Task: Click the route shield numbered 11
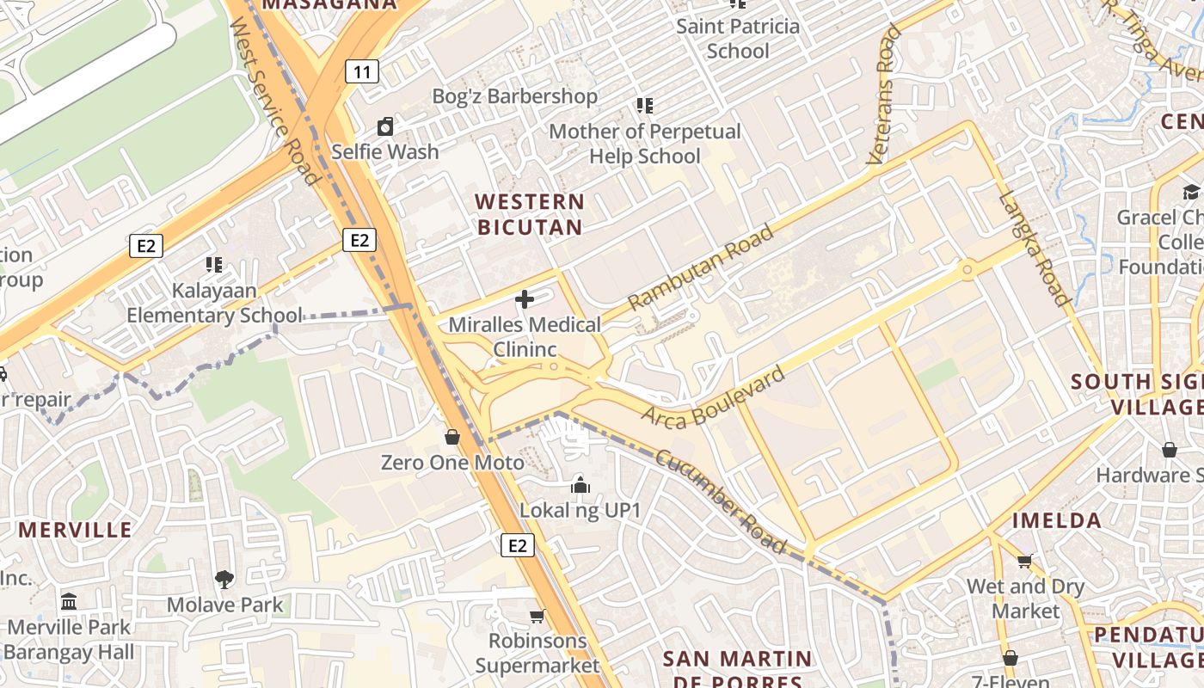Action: pos(362,71)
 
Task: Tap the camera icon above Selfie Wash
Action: pos(385,127)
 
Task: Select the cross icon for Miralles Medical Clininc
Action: pos(524,299)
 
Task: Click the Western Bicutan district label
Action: pos(530,214)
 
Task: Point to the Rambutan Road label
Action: pos(701,267)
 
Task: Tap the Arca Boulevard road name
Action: pos(714,394)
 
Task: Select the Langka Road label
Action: pos(1035,248)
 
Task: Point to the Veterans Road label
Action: pos(884,95)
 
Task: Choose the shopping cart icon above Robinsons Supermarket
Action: pos(537,616)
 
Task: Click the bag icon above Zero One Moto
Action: pos(452,438)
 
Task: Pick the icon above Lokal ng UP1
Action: pos(580,486)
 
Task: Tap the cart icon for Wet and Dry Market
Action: pos(1024,562)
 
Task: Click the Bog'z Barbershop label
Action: pos(514,96)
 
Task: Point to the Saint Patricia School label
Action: pos(738,39)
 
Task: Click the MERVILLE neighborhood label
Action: pos(76,529)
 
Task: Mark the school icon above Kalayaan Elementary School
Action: pos(214,265)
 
